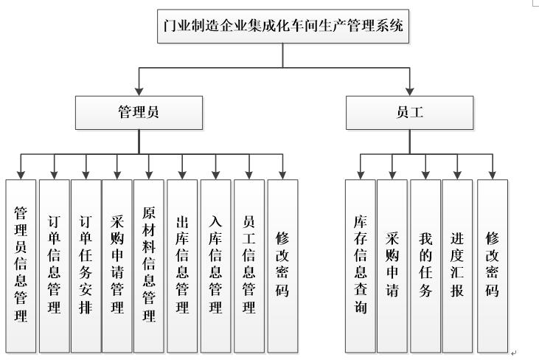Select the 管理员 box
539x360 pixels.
139,114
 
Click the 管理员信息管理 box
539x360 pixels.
21,264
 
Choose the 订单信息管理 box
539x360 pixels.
54,264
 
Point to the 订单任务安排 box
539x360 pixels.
86,264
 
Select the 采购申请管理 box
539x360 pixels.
117,264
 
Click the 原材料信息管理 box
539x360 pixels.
149,264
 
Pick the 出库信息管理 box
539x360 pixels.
182,264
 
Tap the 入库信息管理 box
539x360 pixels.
215,264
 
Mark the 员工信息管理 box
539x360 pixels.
248,264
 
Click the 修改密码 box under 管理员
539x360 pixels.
282,264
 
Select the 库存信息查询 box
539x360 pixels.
360,264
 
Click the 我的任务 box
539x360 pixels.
425,264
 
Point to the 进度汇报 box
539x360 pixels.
457,264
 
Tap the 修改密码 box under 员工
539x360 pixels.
492,264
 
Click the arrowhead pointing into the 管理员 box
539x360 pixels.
139,94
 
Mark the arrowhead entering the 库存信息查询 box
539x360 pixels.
360,175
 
